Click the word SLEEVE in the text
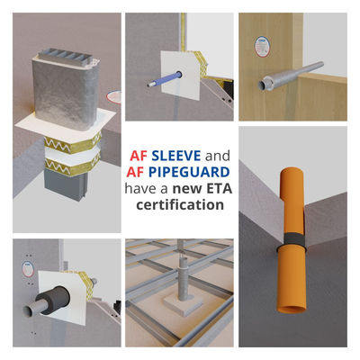tap(176, 156)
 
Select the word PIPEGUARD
tap(189, 172)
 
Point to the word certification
tap(180, 205)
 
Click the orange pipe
tap(292, 240)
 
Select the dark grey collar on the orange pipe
tap(291, 241)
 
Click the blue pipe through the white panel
tap(165, 79)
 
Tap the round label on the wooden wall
tap(262, 47)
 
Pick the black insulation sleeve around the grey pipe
tap(54, 299)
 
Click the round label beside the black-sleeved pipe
tap(28, 269)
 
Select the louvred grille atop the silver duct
tap(66, 57)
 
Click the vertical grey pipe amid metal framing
tap(183, 277)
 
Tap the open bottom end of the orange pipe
tap(292, 310)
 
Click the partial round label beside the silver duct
tap(114, 97)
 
